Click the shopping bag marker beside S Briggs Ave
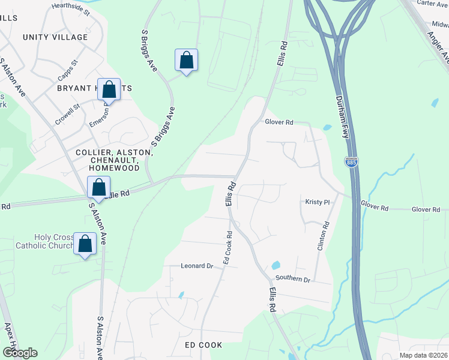(x=187, y=61)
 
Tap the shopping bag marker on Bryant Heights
(x=109, y=90)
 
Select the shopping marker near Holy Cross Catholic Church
(x=85, y=244)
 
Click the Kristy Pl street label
(x=318, y=203)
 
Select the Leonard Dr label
(x=197, y=265)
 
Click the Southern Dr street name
(x=292, y=279)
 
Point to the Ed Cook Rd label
(x=228, y=248)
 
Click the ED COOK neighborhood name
(x=203, y=345)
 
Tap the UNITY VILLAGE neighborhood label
(x=55, y=37)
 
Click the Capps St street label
(x=68, y=70)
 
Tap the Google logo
(x=20, y=353)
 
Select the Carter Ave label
(x=433, y=4)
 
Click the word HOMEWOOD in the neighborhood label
(x=115, y=169)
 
